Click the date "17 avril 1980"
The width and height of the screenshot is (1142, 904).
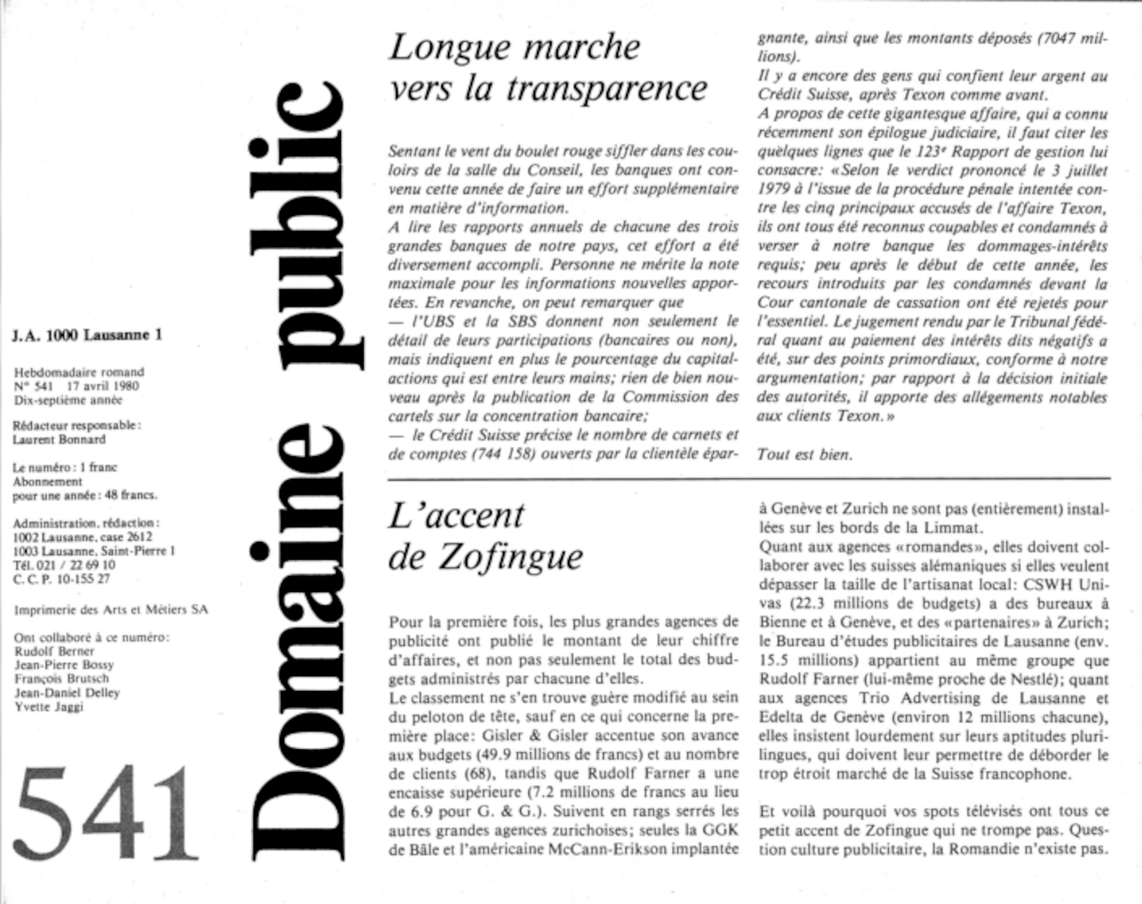pos(103,386)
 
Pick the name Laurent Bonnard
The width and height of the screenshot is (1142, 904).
pos(59,440)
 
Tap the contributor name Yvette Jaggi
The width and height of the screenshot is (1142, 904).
pos(49,707)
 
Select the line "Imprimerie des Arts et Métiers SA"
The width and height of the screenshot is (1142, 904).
pos(111,610)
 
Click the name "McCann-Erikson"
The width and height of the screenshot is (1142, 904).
pos(608,849)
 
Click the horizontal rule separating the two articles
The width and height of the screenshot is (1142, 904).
pos(748,479)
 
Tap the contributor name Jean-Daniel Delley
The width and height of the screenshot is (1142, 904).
pos(67,693)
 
